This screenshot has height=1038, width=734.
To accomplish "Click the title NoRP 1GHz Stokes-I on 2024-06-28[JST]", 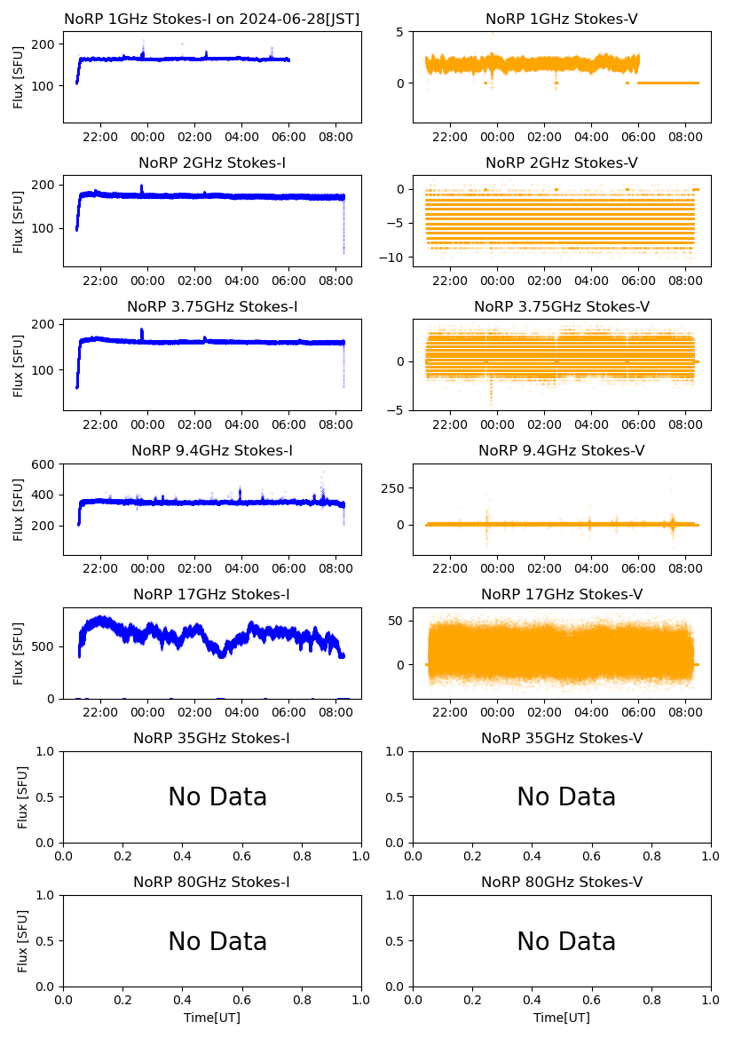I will tap(211, 19).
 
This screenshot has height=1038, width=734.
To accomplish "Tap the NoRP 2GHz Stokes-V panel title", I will tap(561, 162).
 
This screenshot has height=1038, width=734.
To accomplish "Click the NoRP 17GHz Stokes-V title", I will tap(561, 594).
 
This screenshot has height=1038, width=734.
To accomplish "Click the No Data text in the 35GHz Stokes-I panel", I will tap(217, 797).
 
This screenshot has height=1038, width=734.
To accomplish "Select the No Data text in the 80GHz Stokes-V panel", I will tap(566, 941).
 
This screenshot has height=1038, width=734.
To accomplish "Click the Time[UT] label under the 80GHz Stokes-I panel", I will tap(212, 1018).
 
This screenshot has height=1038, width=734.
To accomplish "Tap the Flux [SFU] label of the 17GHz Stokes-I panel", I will tap(19, 654).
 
